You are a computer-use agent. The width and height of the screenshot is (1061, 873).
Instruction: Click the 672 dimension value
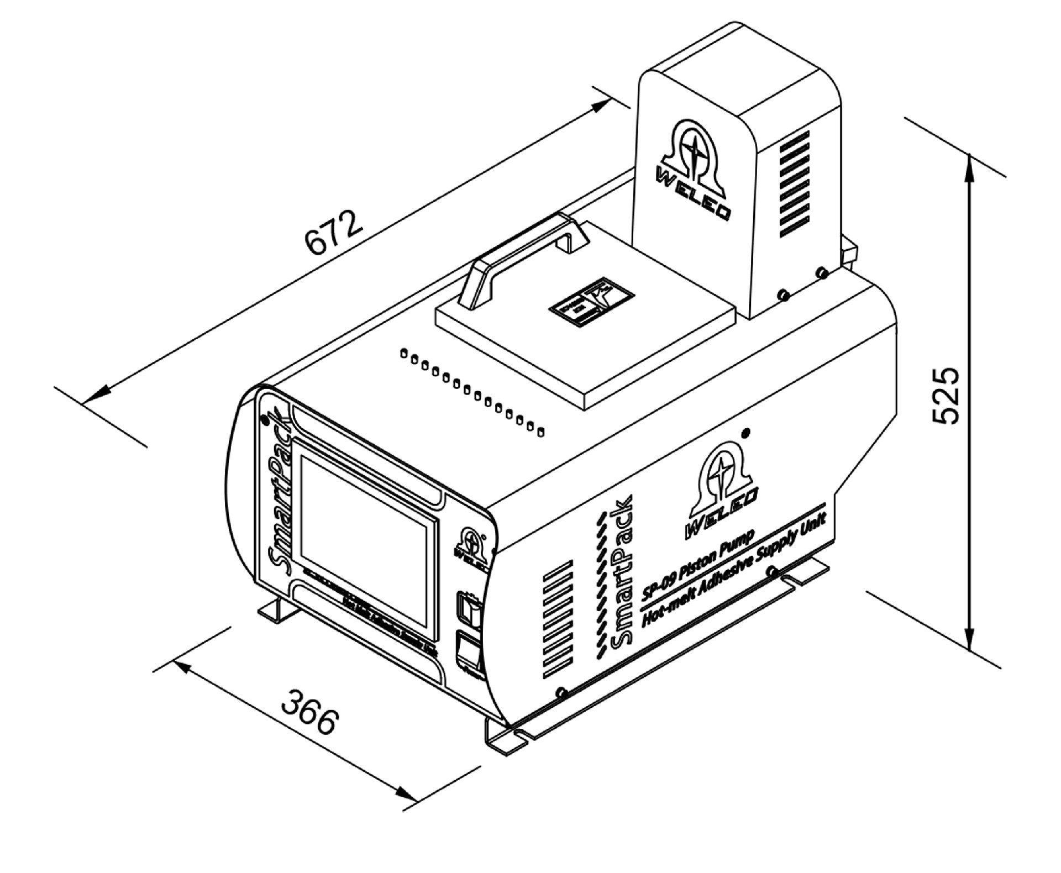click(334, 232)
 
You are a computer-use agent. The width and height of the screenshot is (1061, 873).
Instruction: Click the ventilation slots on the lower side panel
click(558, 619)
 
